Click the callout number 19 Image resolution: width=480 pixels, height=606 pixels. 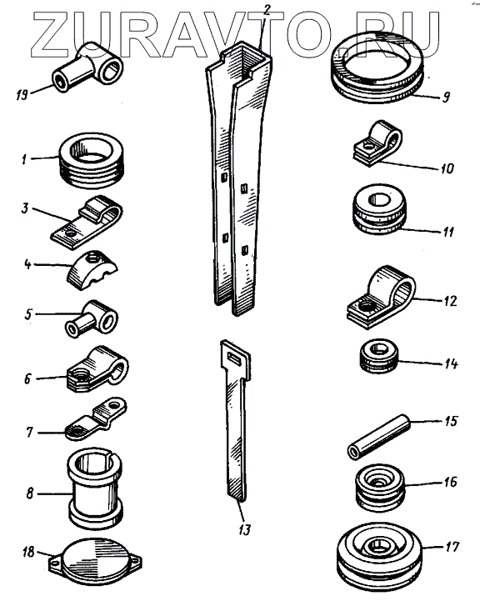point(22,94)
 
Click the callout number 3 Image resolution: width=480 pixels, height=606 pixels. point(25,208)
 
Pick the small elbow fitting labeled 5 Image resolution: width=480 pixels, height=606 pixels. point(91,319)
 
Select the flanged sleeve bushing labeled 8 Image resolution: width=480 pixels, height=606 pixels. point(96,489)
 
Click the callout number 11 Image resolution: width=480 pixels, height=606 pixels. point(448,232)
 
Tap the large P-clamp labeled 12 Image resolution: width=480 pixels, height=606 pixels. point(381,297)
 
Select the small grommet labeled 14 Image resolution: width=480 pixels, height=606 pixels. point(378,356)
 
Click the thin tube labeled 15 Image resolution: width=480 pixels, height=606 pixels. point(379,437)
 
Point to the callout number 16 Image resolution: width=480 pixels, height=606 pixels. point(451,482)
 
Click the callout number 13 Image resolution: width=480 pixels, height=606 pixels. point(245,529)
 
